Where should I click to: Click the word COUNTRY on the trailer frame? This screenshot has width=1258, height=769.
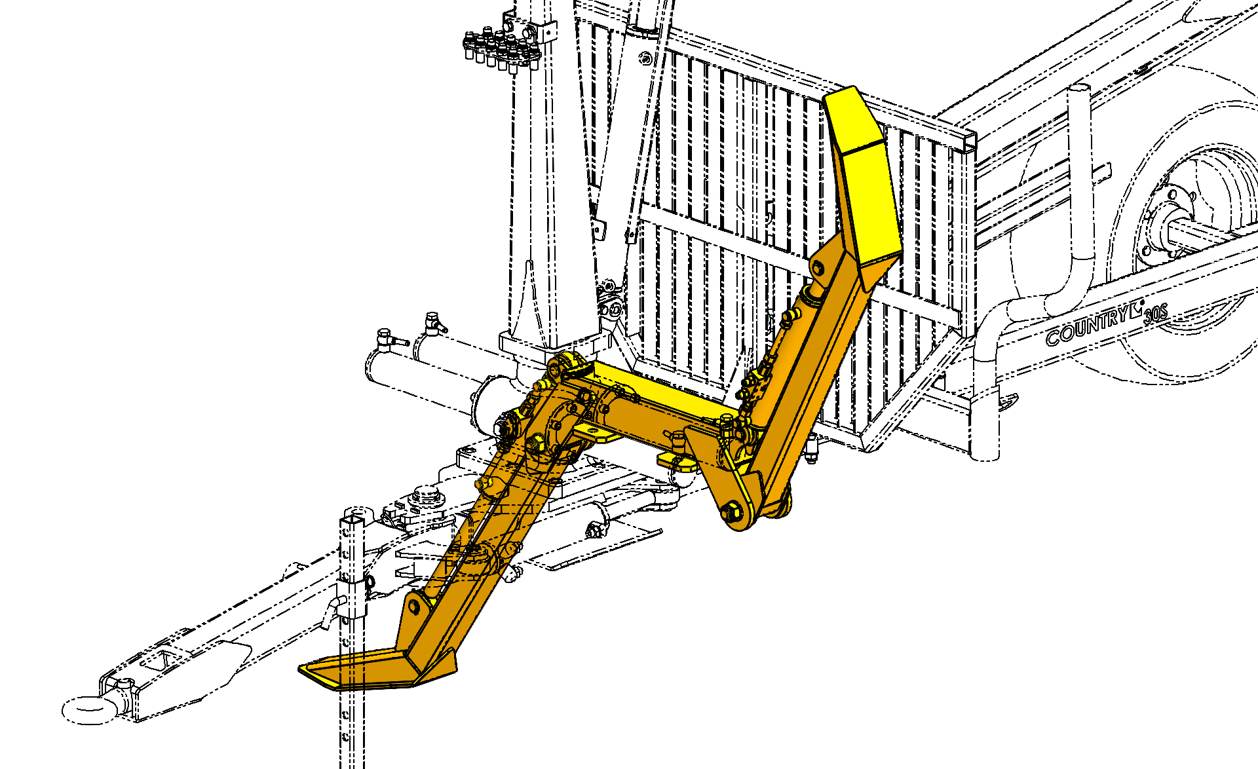coord(1087,325)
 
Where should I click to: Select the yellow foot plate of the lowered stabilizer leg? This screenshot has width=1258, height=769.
coord(377,669)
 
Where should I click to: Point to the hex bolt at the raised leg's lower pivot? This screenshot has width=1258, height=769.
coord(733,511)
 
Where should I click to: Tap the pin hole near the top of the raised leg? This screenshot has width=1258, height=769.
coord(818,267)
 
